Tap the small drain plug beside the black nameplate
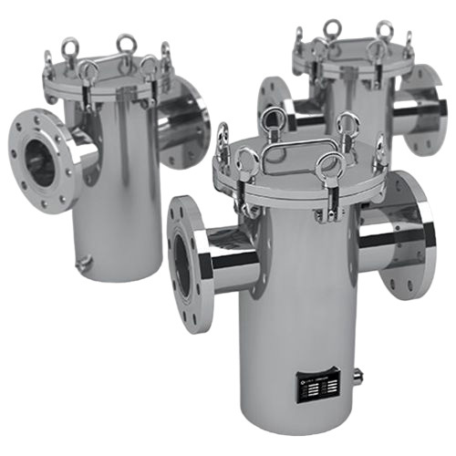358,374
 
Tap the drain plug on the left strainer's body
85,263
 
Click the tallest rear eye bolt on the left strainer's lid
125,44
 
